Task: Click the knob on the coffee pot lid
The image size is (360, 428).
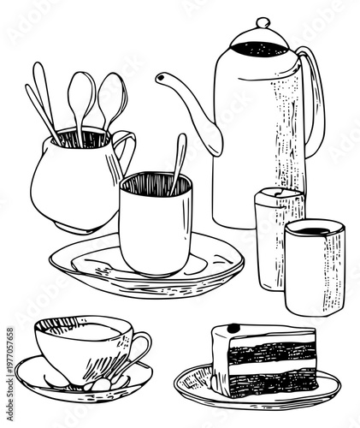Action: (262, 22)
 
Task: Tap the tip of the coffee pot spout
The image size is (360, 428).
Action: (160, 79)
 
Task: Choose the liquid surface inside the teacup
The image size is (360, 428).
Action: (86, 330)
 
